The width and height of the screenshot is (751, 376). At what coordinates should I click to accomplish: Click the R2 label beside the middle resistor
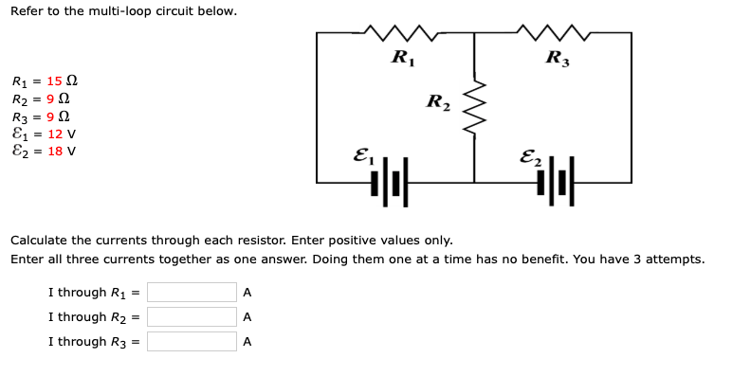point(439,101)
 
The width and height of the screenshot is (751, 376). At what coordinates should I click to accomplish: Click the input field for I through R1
point(192,293)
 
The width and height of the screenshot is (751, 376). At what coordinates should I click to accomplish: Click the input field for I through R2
point(192,317)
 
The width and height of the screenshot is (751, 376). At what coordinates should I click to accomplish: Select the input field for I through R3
point(192,342)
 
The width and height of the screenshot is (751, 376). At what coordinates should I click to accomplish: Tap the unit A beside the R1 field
point(247,293)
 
